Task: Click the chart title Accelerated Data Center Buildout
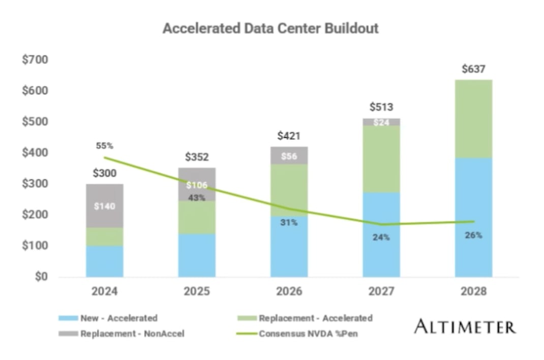pyautogui.click(x=270, y=28)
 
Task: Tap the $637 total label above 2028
pyautogui.click(x=473, y=69)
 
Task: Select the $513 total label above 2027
pyautogui.click(x=381, y=107)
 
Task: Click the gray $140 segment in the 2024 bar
pyautogui.click(x=104, y=206)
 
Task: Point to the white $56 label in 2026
pyautogui.click(x=289, y=156)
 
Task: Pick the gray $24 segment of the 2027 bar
pyautogui.click(x=381, y=122)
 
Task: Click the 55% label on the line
pyautogui.click(x=104, y=146)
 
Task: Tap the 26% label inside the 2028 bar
pyautogui.click(x=473, y=235)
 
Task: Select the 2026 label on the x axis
pyautogui.click(x=289, y=292)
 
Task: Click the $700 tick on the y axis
pyautogui.click(x=35, y=60)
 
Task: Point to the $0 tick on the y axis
pyautogui.click(x=41, y=277)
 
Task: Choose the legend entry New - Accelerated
pyautogui.click(x=108, y=318)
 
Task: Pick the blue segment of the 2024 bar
pyautogui.click(x=104, y=261)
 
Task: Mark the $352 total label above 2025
pyautogui.click(x=196, y=157)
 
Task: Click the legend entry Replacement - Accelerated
pyautogui.click(x=305, y=318)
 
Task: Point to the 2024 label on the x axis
pyautogui.click(x=104, y=292)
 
